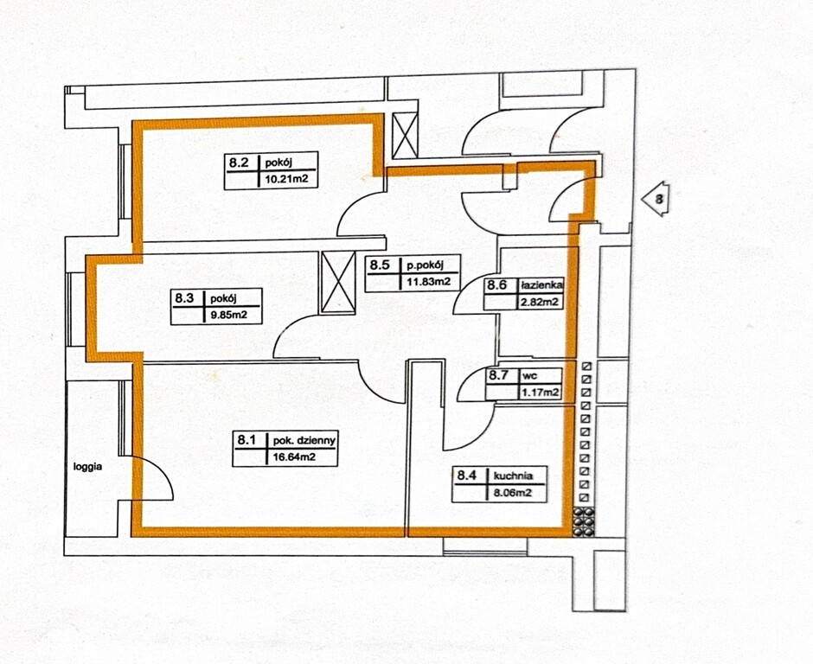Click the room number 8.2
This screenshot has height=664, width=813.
[239, 163]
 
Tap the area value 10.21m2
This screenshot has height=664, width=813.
[285, 180]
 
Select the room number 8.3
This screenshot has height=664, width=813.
[184, 298]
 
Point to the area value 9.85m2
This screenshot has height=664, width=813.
[227, 316]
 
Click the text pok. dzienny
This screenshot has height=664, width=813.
[304, 441]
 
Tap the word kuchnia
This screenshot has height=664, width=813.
[513, 476]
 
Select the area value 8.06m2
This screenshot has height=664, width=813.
[513, 493]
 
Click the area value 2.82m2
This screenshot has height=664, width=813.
[540, 303]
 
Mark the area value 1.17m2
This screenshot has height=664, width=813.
[541, 393]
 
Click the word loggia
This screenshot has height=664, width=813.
[87, 467]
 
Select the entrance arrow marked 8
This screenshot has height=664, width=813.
[656, 199]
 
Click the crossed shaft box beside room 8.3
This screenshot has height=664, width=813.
[338, 283]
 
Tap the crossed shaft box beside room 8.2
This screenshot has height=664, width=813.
[405, 136]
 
